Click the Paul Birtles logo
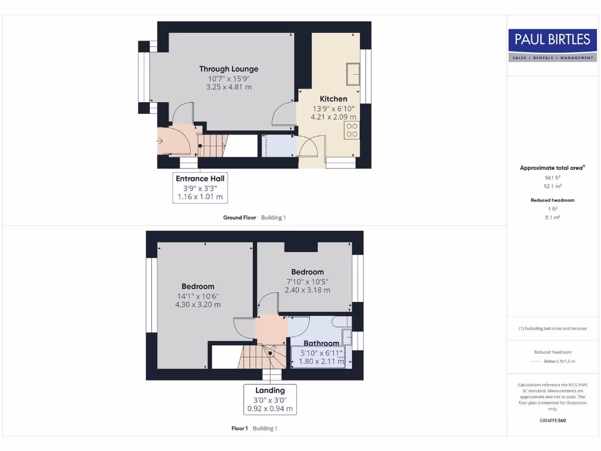[x=552, y=45]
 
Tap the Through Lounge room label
[x=228, y=69]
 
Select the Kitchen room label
[x=333, y=99]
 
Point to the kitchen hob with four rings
[x=352, y=130]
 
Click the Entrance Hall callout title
[x=200, y=179]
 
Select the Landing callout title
[x=270, y=390]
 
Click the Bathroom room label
[x=321, y=343]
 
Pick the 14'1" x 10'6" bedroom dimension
[x=198, y=296]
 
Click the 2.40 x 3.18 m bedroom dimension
[x=308, y=290]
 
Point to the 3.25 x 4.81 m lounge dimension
[x=228, y=87]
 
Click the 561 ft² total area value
[x=552, y=177]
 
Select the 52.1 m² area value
[x=552, y=186]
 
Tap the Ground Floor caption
[x=239, y=217]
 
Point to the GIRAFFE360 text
[x=552, y=420]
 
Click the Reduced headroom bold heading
[x=552, y=200]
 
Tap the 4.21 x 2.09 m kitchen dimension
[x=333, y=117]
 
